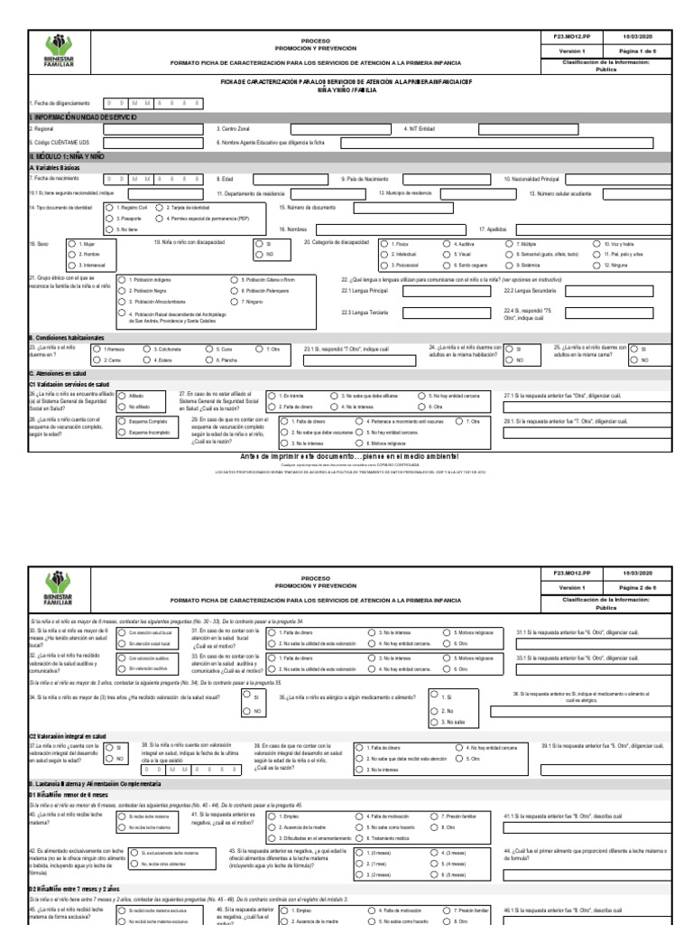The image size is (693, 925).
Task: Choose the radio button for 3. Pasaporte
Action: [110, 219]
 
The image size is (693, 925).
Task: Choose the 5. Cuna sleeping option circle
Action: [209, 349]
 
